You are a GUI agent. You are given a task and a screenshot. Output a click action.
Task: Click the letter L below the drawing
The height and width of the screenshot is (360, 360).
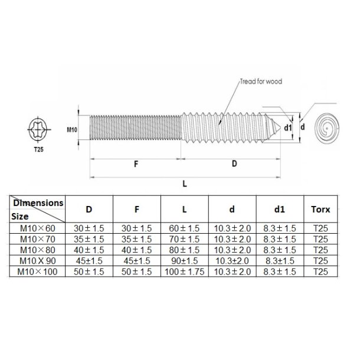[x=185, y=184]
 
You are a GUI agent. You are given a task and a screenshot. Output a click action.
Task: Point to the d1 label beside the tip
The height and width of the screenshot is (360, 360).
[x=289, y=127]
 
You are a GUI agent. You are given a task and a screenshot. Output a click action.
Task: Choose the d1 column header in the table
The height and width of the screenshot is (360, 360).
[x=280, y=209]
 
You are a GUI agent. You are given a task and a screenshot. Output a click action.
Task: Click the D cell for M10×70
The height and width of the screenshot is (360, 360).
[x=89, y=239]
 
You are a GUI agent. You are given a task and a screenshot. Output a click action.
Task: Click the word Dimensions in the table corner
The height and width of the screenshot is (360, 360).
[x=38, y=202]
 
